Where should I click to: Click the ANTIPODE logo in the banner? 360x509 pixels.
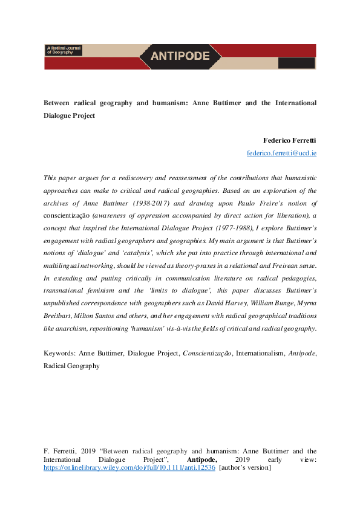(180, 56)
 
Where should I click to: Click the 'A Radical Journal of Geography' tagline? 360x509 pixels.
(64, 50)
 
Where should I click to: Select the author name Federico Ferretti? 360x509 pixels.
(290, 140)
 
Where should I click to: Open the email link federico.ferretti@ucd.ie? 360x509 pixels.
(281, 153)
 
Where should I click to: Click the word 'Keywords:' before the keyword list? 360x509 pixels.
(62, 352)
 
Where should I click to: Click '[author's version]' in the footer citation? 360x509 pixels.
(245, 467)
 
